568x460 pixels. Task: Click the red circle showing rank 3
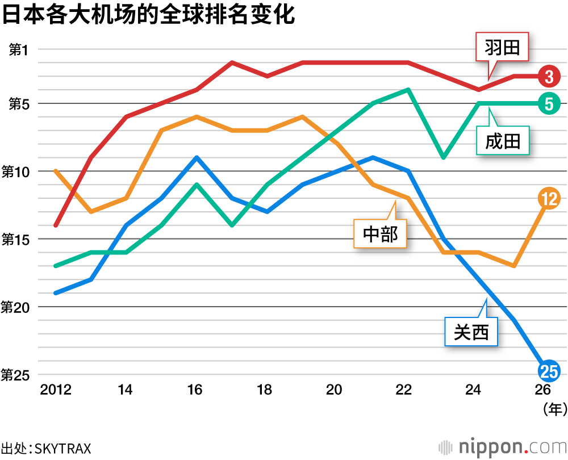coord(549,76)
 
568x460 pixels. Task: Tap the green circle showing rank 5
coord(549,103)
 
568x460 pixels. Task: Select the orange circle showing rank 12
coord(549,198)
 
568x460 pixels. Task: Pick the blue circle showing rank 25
coord(549,371)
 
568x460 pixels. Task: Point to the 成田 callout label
coord(503,140)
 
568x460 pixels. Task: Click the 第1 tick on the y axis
coord(18,49)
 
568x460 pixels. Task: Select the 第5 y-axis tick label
coord(18,104)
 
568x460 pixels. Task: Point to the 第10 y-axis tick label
coord(16,172)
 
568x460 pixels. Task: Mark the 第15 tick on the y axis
coord(16,239)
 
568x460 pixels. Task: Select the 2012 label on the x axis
coord(56,390)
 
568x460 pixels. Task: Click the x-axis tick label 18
coord(265,390)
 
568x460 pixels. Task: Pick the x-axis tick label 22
coord(404,390)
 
